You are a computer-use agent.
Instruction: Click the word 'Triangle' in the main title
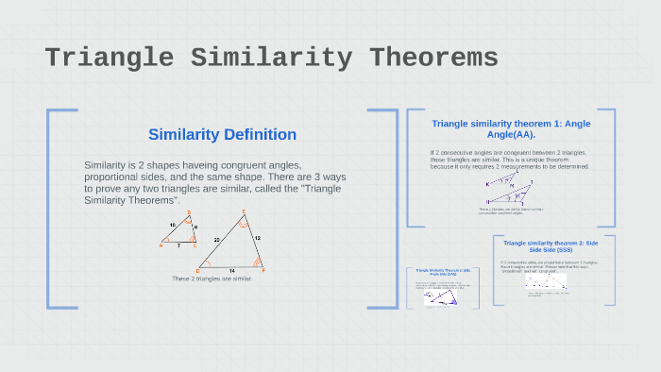(x=110, y=58)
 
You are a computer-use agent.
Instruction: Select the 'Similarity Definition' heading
(x=222, y=135)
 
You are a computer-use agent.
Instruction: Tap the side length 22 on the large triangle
(x=216, y=240)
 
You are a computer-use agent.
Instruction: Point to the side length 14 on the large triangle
(x=231, y=270)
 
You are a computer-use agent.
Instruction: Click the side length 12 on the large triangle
(x=256, y=238)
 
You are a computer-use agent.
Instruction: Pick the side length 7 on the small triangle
(x=178, y=245)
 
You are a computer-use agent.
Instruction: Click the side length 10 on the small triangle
(x=172, y=225)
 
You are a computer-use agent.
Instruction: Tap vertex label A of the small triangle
(x=161, y=245)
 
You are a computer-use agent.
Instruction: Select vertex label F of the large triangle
(x=263, y=270)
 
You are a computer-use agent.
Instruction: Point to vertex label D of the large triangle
(x=195, y=269)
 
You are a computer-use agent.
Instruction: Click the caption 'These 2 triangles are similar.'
(x=212, y=279)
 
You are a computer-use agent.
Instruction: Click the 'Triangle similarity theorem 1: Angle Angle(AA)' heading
(x=511, y=129)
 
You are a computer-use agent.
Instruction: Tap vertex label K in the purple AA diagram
(x=488, y=183)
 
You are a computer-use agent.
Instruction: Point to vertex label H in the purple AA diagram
(x=487, y=202)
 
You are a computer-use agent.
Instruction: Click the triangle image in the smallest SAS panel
(x=439, y=296)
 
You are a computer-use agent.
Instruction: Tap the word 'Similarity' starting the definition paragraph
(x=105, y=165)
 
